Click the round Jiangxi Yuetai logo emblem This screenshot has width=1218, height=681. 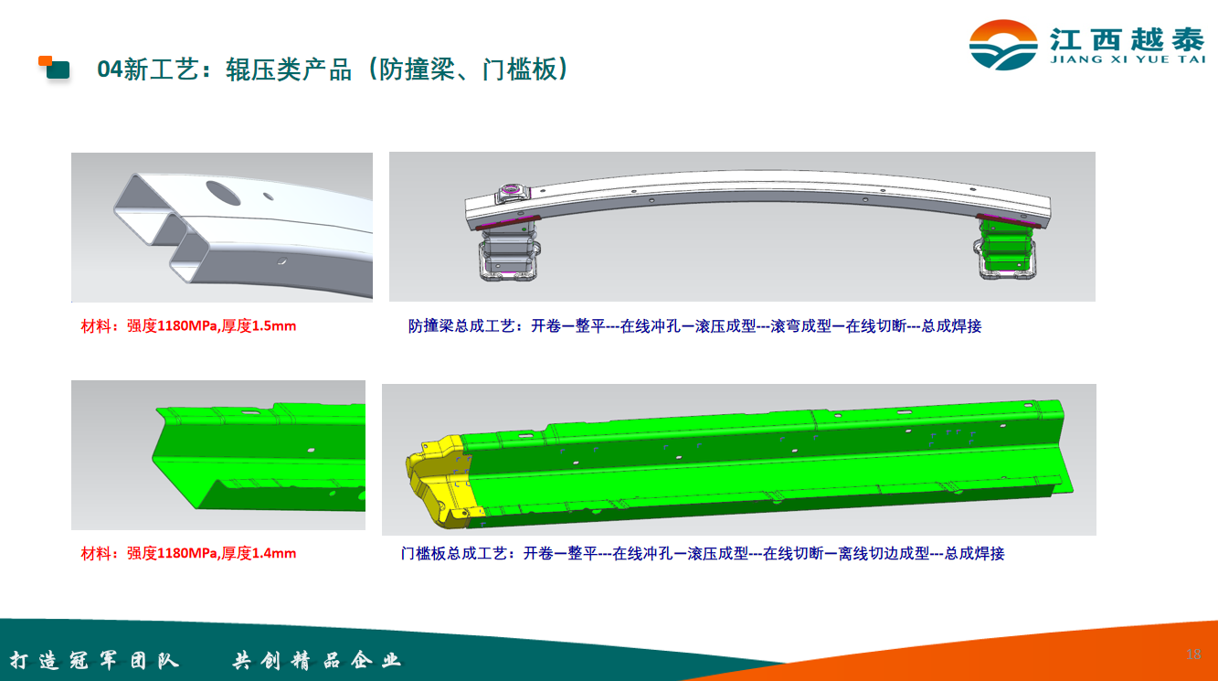pos(1003,45)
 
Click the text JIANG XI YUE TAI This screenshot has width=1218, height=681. pos(1128,59)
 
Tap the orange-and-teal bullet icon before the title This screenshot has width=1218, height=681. pos(54,68)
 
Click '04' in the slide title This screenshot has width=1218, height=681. pos(111,69)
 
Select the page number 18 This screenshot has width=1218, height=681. pos(1193,654)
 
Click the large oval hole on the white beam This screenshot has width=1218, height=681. pos(223,193)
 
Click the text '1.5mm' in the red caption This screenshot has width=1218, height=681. pos(274,325)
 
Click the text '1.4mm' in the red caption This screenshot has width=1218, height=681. pos(274,553)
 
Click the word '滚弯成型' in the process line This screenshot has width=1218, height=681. pos(800,325)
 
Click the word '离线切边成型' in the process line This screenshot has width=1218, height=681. pos(884,553)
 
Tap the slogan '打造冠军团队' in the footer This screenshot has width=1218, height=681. pos(94,660)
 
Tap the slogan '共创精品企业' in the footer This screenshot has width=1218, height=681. pos(316,660)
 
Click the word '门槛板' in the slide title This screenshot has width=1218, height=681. pos(520,69)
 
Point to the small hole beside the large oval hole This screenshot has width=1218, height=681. pos(268,196)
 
